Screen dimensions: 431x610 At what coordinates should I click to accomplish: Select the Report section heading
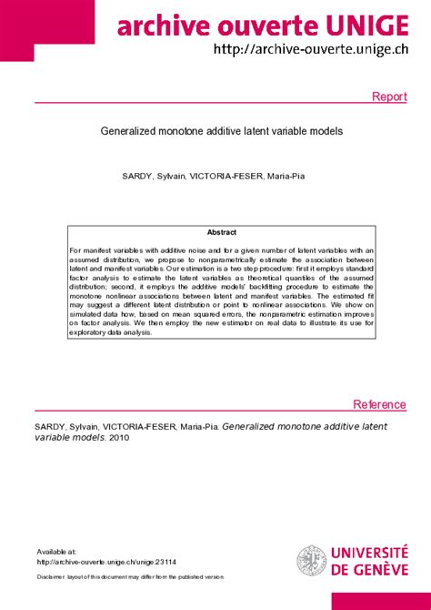(389, 97)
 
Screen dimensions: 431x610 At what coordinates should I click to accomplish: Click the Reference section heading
(379, 405)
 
